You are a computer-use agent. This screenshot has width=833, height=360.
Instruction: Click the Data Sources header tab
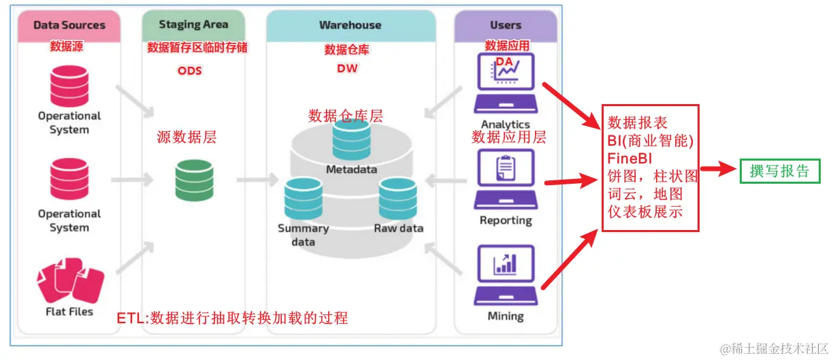[69, 25]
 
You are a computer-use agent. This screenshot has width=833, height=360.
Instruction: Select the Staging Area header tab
[193, 24]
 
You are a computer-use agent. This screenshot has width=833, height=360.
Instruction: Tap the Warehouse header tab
[350, 25]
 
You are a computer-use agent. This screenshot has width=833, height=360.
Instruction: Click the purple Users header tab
[505, 25]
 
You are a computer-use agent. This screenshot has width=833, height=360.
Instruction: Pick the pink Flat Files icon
[69, 281]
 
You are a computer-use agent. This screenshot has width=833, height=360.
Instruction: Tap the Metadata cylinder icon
[350, 140]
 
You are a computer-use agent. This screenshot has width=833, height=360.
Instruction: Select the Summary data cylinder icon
[304, 199]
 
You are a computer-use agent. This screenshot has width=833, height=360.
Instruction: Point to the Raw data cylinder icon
[397, 199]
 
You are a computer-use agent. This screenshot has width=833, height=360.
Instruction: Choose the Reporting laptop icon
[506, 180]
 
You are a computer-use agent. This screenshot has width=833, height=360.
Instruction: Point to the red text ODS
[190, 70]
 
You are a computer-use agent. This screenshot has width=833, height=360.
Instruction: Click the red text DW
[347, 69]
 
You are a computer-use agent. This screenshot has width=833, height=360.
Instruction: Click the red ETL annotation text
[232, 317]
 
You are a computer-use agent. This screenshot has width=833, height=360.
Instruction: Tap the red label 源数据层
[186, 137]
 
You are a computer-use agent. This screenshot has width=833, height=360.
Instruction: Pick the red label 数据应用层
[509, 137]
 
